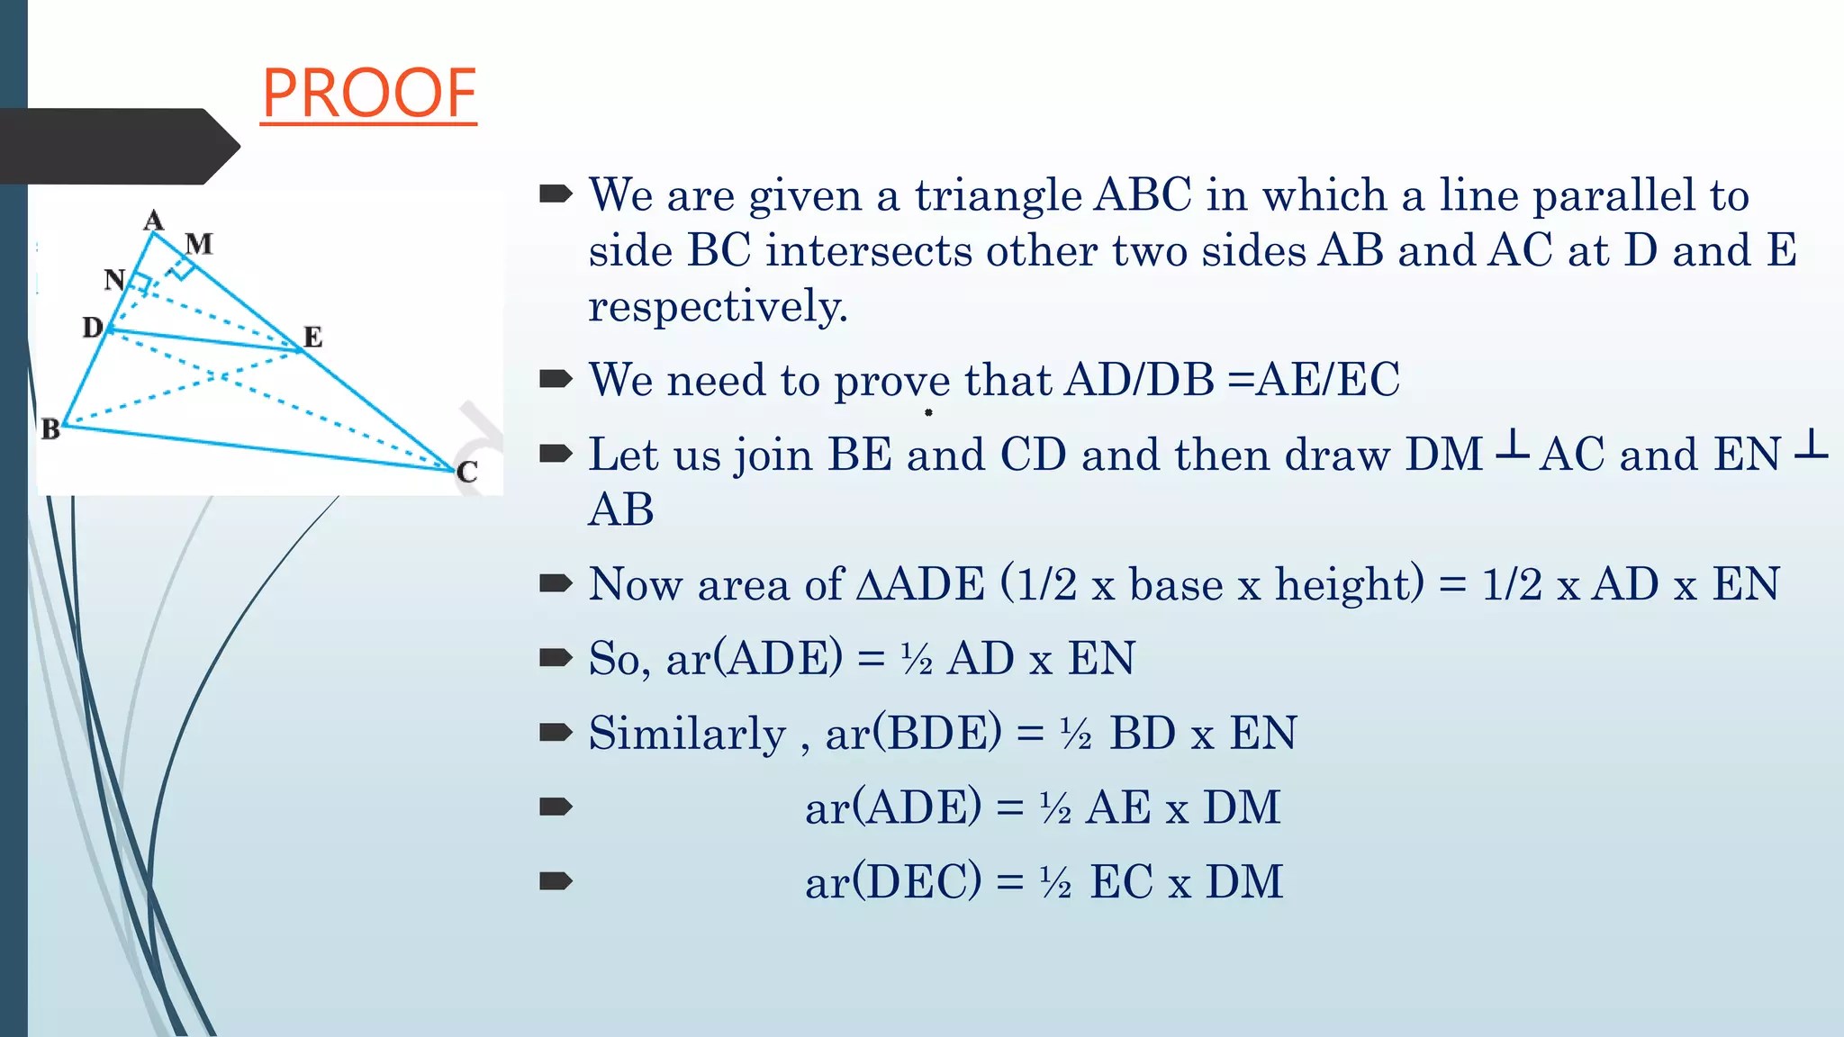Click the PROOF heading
(x=369, y=94)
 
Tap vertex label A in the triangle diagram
(x=154, y=220)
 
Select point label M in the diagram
(x=199, y=244)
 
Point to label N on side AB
(x=114, y=280)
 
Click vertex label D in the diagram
(x=93, y=327)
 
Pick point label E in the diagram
(x=312, y=337)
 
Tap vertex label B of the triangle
(x=50, y=429)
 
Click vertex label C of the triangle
(x=467, y=472)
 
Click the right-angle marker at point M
(x=182, y=267)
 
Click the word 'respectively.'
(x=718, y=307)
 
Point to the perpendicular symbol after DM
(x=1512, y=446)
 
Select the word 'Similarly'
(x=687, y=734)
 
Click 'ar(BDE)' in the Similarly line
(x=913, y=733)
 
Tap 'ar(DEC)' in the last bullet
(x=893, y=881)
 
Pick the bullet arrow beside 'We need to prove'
(x=556, y=379)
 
